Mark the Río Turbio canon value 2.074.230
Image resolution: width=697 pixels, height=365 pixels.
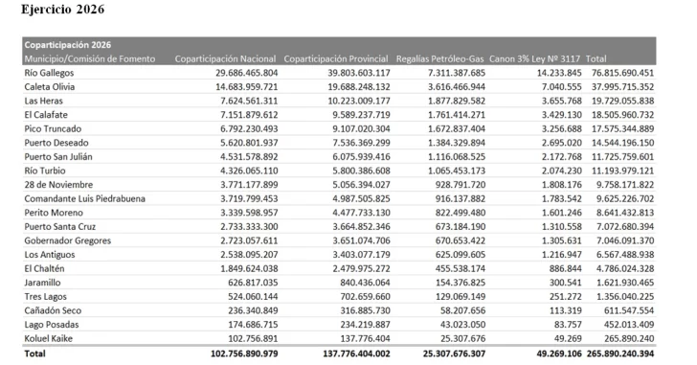(559, 170)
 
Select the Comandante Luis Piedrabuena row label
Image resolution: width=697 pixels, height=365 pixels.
(85, 198)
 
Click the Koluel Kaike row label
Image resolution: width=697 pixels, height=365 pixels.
(52, 338)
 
